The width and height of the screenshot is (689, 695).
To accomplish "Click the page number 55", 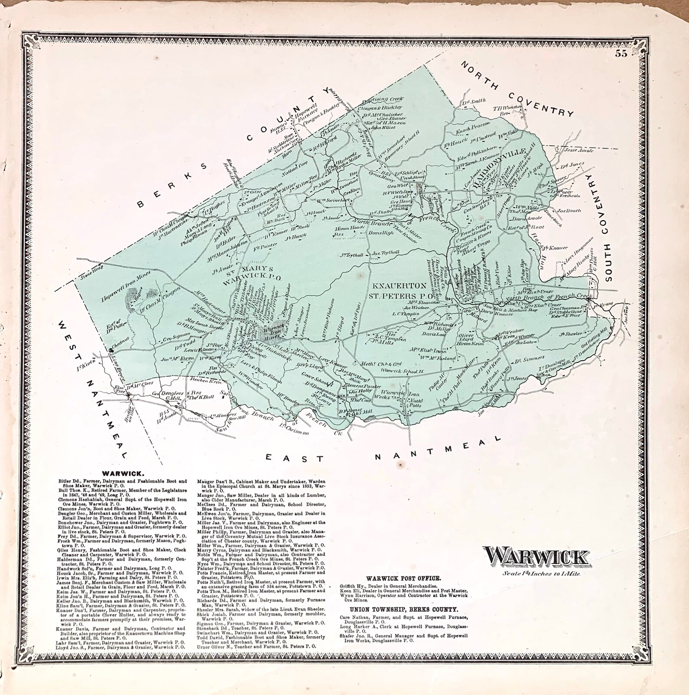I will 621,54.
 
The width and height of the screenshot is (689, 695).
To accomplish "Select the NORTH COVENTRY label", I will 516,89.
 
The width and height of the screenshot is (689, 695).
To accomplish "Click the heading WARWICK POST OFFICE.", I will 404,578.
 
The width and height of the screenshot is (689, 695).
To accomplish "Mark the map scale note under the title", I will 536,573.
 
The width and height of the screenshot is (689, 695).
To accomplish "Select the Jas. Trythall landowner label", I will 385,253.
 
